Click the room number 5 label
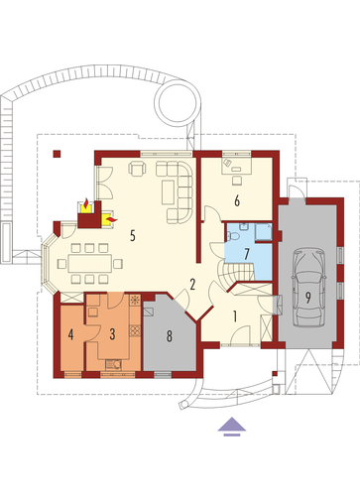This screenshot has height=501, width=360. [x=133, y=235]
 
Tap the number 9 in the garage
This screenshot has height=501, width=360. [x=308, y=298]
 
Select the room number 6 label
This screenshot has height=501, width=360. [x=237, y=201]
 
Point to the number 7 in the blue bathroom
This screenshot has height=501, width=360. [x=247, y=254]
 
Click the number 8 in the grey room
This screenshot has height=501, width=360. [x=170, y=336]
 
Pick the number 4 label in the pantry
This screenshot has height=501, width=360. [x=70, y=334]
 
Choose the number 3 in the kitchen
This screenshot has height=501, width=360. [x=112, y=334]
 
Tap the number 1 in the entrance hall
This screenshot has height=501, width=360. [x=235, y=316]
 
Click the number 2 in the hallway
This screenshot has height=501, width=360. [x=192, y=285]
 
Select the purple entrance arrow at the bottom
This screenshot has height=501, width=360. [x=232, y=427]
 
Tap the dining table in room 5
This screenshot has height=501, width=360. [x=90, y=263]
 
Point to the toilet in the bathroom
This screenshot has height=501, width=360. [x=233, y=236]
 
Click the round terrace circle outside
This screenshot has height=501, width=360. [x=178, y=103]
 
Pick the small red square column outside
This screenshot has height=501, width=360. [x=58, y=154]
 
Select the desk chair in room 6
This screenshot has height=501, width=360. [x=237, y=181]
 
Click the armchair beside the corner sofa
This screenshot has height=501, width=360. [x=137, y=169]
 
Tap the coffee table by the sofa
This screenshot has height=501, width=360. [x=169, y=192]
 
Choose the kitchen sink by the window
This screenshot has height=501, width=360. [x=113, y=364]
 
